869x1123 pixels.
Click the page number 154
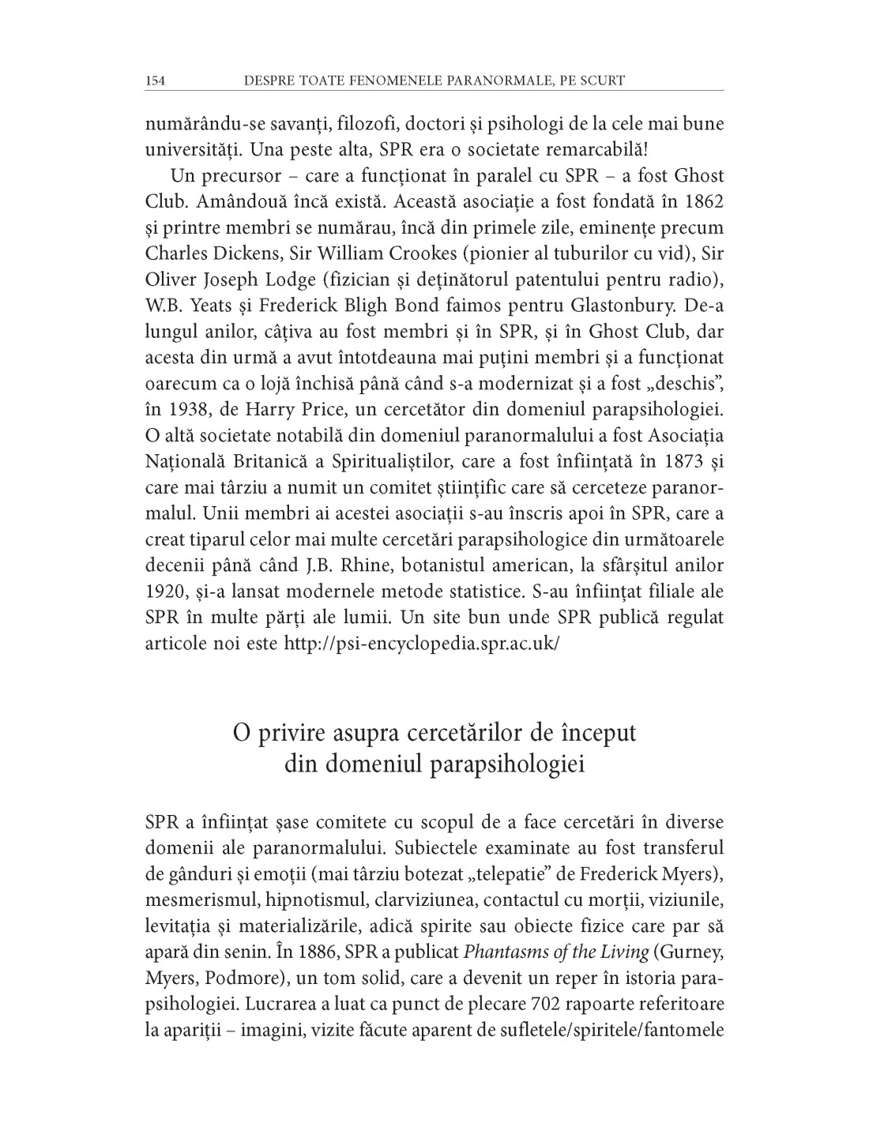pyautogui.click(x=154, y=80)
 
